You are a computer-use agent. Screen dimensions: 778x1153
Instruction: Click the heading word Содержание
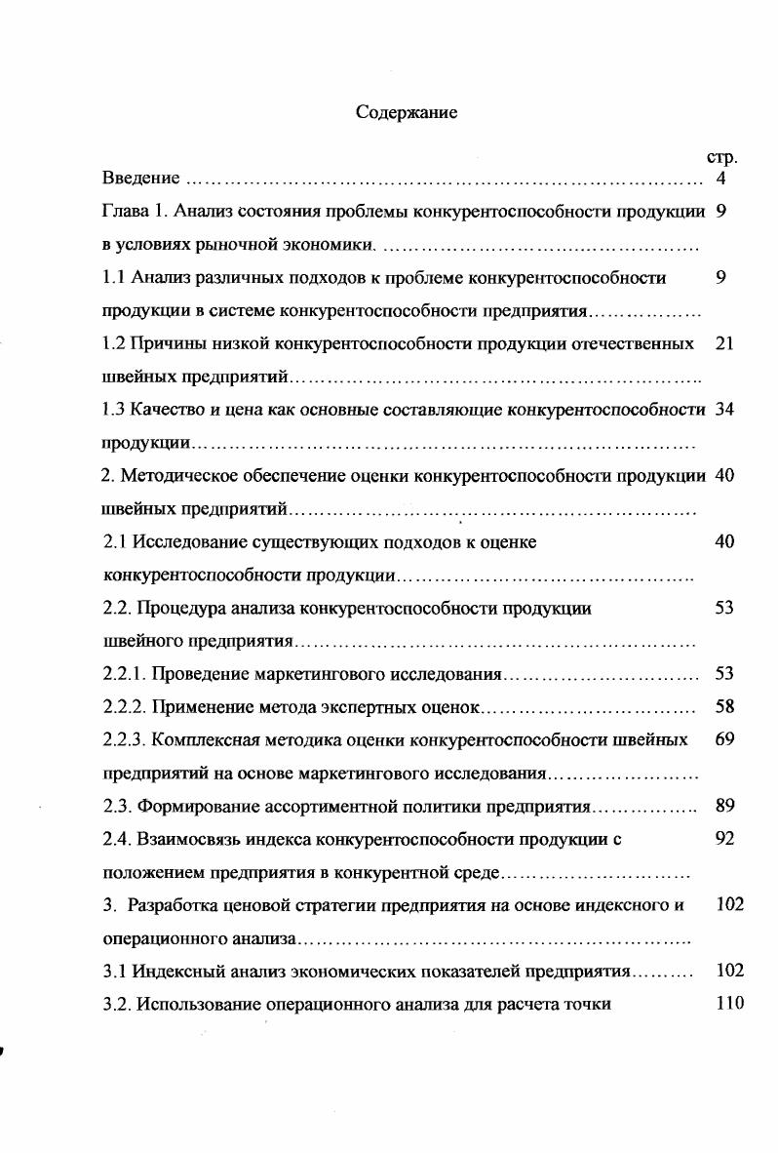pos(407,112)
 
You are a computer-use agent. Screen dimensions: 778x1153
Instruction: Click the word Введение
pos(141,179)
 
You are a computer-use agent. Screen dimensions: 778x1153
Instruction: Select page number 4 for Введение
pos(720,179)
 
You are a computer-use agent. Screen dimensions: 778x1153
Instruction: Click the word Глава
pos(125,212)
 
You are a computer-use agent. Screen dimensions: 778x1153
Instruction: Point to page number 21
pos(723,343)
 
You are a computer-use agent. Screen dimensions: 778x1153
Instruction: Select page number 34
pos(723,410)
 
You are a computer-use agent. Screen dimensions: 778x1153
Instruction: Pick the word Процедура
pos(181,608)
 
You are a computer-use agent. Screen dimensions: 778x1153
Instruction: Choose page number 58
pos(724,706)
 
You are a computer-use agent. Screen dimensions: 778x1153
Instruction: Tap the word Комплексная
pos(204,739)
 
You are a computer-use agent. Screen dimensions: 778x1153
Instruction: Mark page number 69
pos(724,739)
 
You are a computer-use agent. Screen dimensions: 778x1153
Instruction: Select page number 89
pos(724,806)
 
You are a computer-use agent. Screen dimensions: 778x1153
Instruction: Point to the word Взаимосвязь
pos(187,839)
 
